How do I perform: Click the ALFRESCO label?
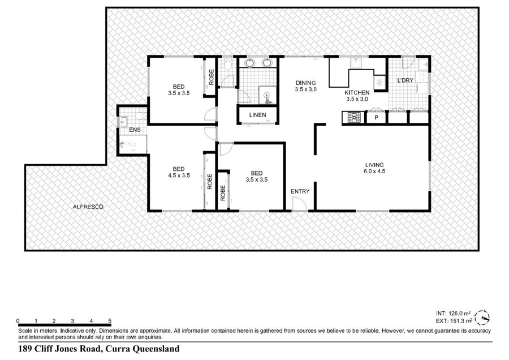88,207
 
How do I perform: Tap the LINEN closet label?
258,115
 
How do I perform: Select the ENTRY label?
300,191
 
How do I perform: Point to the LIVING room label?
374,165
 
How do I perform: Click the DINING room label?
305,83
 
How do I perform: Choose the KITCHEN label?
357,93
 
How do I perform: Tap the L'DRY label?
406,80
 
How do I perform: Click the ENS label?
135,130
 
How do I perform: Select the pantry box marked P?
376,117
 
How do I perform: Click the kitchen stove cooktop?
354,117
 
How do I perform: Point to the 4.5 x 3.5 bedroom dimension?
179,175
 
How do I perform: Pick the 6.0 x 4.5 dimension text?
374,172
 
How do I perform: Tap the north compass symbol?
482,318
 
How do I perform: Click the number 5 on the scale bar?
110,321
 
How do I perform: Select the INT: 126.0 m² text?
453,314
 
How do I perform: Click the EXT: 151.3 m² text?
454,321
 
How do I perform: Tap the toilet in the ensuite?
141,115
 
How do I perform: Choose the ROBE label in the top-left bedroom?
212,78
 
